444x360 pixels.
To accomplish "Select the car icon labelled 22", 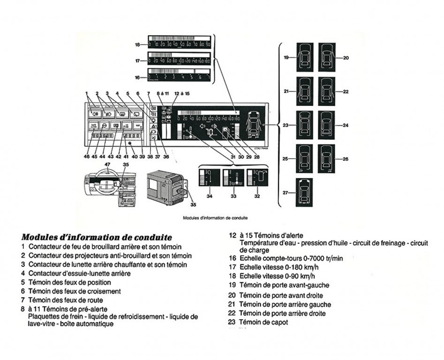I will click(x=327, y=91).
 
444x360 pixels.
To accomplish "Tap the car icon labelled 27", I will click(x=305, y=193).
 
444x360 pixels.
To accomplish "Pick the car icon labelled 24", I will click(x=327, y=125).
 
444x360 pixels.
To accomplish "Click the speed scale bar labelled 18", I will click(x=180, y=45).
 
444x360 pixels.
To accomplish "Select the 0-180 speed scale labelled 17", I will click(x=180, y=61).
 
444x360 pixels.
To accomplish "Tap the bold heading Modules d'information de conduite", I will click(x=97, y=237).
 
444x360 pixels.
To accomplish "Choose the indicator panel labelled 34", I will click(x=209, y=179).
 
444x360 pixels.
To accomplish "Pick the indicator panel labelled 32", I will click(x=256, y=179).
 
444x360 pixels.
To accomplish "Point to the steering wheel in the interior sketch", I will click(x=99, y=180).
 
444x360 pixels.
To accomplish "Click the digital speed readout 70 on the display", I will click(x=211, y=133).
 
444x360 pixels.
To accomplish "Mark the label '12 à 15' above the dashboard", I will click(x=182, y=94).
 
